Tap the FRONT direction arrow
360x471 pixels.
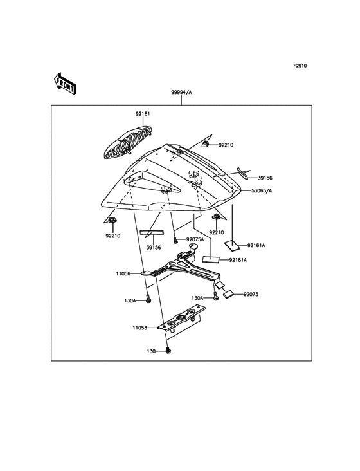click(x=66, y=82)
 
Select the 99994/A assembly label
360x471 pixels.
click(x=181, y=93)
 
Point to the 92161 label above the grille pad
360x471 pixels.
click(x=143, y=114)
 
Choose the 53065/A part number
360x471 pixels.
click(x=261, y=191)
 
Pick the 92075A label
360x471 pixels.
click(x=195, y=239)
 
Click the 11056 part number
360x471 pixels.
click(x=123, y=273)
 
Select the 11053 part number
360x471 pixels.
click(x=141, y=328)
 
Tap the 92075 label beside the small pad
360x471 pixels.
click(x=251, y=294)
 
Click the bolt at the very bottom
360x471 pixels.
click(x=168, y=351)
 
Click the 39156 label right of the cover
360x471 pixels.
click(x=265, y=178)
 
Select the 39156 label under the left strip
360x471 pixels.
click(x=153, y=247)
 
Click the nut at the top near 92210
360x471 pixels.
click(x=205, y=144)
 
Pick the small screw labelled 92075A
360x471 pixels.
click(x=175, y=240)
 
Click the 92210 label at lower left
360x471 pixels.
click(x=113, y=236)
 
